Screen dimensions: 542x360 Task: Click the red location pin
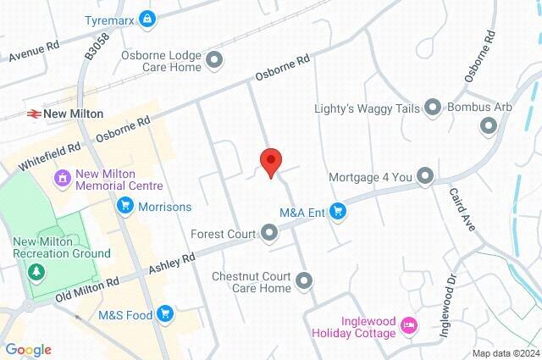[x=270, y=161]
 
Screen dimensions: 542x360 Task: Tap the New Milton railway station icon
[x=34, y=113]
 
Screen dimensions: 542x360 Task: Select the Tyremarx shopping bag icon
[x=148, y=18]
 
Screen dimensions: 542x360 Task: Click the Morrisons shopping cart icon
[x=125, y=206]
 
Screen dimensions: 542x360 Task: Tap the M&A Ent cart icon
[x=339, y=211]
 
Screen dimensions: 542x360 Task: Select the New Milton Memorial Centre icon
[x=62, y=179]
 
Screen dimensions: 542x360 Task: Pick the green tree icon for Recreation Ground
[x=36, y=272]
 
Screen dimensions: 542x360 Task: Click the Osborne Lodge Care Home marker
[x=214, y=59]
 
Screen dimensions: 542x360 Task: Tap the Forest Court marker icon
[x=269, y=231]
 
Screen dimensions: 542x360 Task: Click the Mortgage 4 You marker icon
[x=425, y=177]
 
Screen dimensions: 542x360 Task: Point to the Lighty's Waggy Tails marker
[x=433, y=107]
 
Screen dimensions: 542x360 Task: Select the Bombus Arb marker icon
[x=489, y=126]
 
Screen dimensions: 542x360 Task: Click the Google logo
[x=28, y=350]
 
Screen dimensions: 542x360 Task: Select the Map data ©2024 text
[x=506, y=353]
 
